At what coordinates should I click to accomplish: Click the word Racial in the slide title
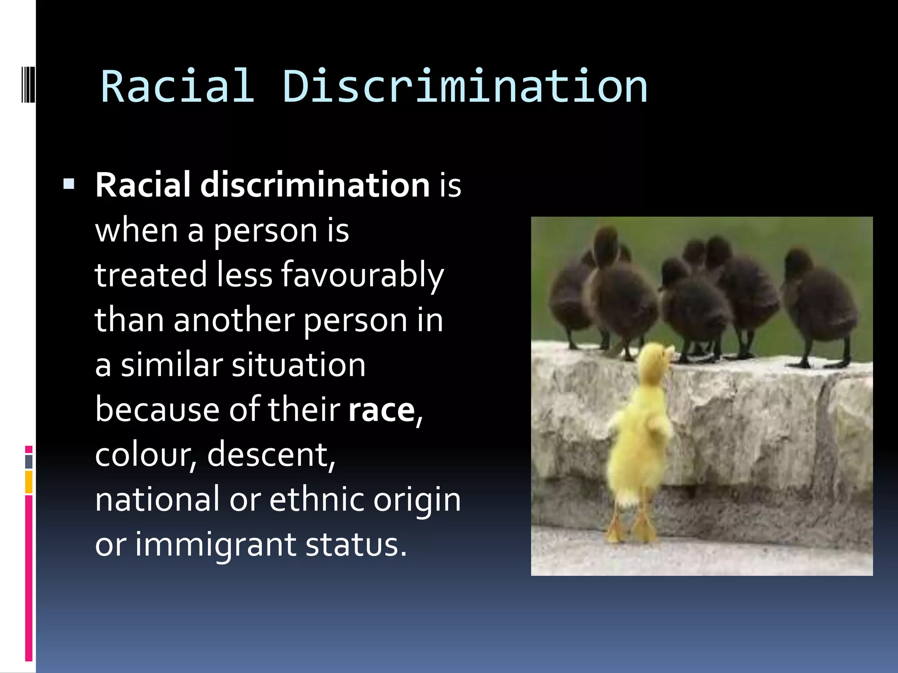(x=178, y=86)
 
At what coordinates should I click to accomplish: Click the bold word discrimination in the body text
(x=315, y=185)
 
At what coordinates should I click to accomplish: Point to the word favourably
(x=362, y=275)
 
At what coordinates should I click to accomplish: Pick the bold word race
(x=381, y=411)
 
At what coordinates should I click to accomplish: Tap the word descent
(x=271, y=455)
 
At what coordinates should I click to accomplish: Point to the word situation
(x=298, y=365)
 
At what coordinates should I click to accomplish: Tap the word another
(x=234, y=320)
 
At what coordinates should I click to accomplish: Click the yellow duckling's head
(x=655, y=357)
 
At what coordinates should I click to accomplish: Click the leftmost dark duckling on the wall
(x=570, y=298)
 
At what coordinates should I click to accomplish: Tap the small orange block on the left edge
(x=29, y=482)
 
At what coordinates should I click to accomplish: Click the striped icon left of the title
(x=28, y=83)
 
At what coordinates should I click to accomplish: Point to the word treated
(x=150, y=275)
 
